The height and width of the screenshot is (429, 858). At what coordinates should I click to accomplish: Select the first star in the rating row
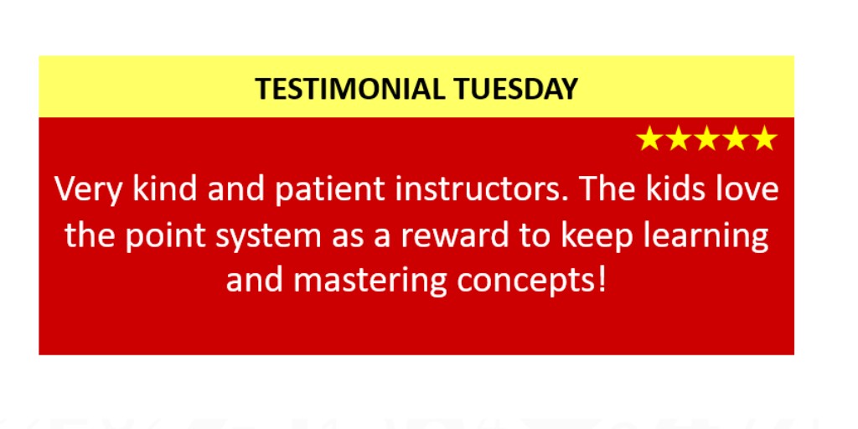coord(649,139)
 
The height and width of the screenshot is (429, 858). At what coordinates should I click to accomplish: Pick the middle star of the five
coord(706,139)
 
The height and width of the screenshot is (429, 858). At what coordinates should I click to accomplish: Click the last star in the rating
coord(763,139)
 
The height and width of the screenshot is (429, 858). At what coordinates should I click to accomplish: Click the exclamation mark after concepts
coord(598,281)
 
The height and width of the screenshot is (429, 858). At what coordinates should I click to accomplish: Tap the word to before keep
coord(535,236)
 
